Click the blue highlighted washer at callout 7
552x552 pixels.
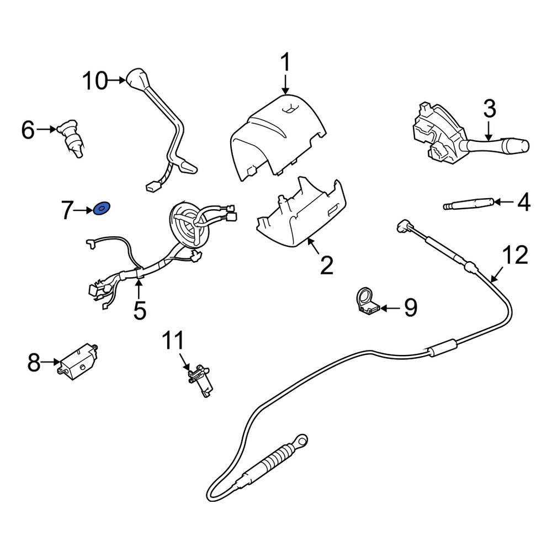pos(102,209)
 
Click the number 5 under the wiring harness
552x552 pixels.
pos(140,310)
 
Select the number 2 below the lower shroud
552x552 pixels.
pos(327,266)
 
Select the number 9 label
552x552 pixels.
pos(410,308)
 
